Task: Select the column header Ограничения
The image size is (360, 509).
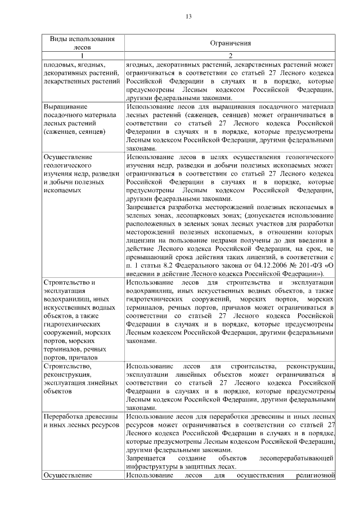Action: [x=230, y=43]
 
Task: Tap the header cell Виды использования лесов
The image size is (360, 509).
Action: [x=82, y=43]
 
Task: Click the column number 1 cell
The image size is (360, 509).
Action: [x=82, y=56]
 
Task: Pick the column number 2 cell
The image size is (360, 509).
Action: [x=230, y=56]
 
